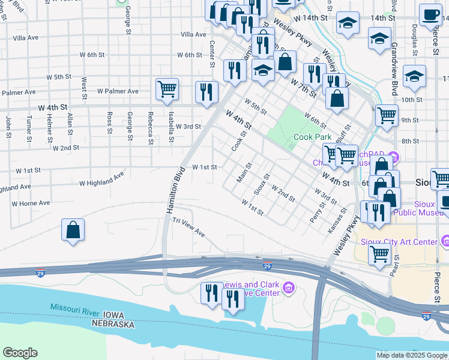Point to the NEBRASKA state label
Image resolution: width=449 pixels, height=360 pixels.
[x=113, y=324]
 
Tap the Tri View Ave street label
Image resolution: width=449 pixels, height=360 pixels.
[x=189, y=228]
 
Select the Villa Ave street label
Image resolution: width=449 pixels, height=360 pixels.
[x=193, y=35]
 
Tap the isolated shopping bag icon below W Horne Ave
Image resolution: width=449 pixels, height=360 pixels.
[x=73, y=230]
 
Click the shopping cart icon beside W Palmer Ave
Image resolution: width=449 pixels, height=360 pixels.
[x=167, y=89]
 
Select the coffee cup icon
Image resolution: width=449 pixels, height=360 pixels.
[x=429, y=14]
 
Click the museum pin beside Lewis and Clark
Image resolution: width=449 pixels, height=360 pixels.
[x=289, y=289]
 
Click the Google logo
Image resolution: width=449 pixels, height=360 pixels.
[x=20, y=353]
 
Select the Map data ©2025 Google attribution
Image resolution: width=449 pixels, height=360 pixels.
[x=411, y=355]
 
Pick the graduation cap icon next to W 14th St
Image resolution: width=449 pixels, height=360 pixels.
[x=348, y=23]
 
